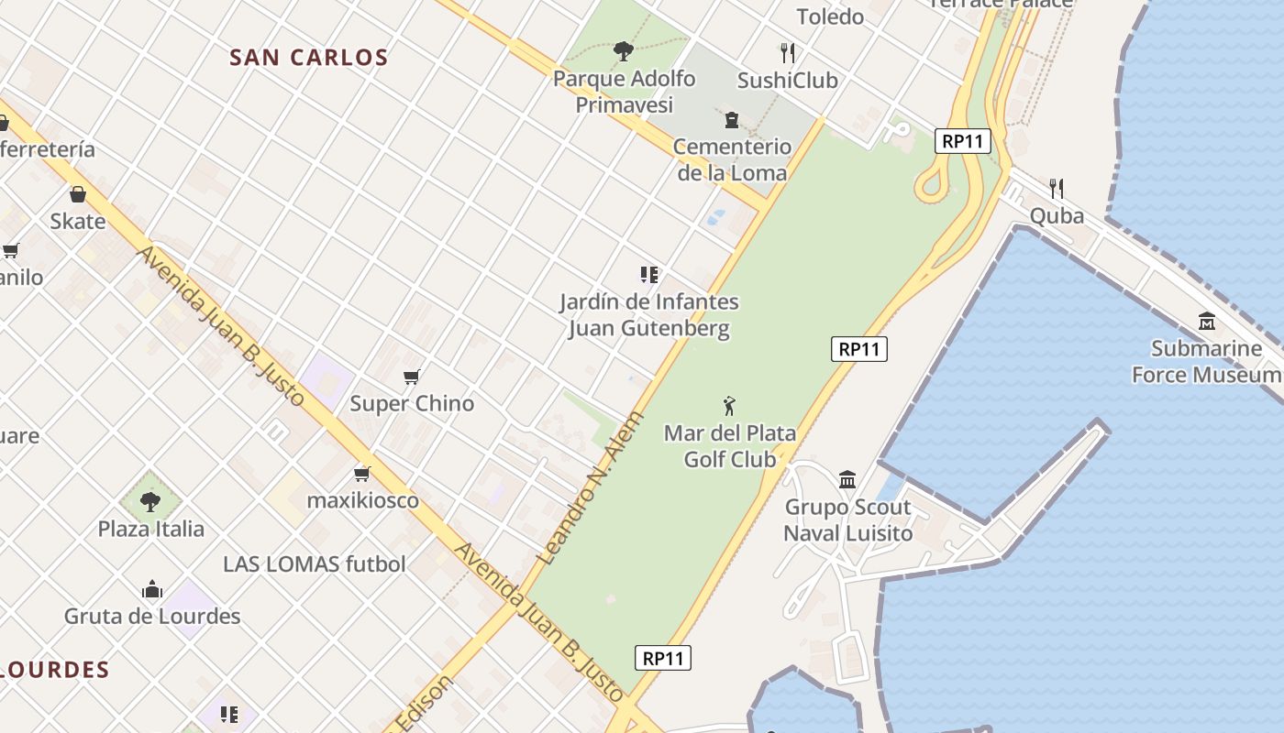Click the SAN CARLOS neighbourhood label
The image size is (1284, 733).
[309, 58]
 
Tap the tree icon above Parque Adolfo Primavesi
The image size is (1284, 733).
[624, 50]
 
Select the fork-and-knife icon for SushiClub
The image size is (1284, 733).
[787, 52]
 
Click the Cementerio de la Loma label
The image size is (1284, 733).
[732, 159]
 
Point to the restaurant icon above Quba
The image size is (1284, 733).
[1057, 189]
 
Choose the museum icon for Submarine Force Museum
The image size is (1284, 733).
[1207, 322]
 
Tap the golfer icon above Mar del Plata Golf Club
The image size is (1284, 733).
[730, 405]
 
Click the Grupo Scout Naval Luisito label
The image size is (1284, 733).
[848, 520]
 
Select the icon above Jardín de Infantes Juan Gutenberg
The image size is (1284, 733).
[649, 274]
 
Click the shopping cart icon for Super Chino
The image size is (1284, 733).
[412, 377]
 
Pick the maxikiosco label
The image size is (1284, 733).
[362, 500]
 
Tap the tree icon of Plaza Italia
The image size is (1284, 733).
[150, 501]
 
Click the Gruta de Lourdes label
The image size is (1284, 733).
[152, 617]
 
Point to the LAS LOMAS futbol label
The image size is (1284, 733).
[314, 563]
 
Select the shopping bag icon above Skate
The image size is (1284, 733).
[78, 194]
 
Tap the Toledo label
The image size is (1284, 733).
[830, 16]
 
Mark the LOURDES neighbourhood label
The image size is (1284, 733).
[55, 670]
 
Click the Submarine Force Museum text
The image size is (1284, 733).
[1206, 362]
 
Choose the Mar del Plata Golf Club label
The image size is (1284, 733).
[730, 446]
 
